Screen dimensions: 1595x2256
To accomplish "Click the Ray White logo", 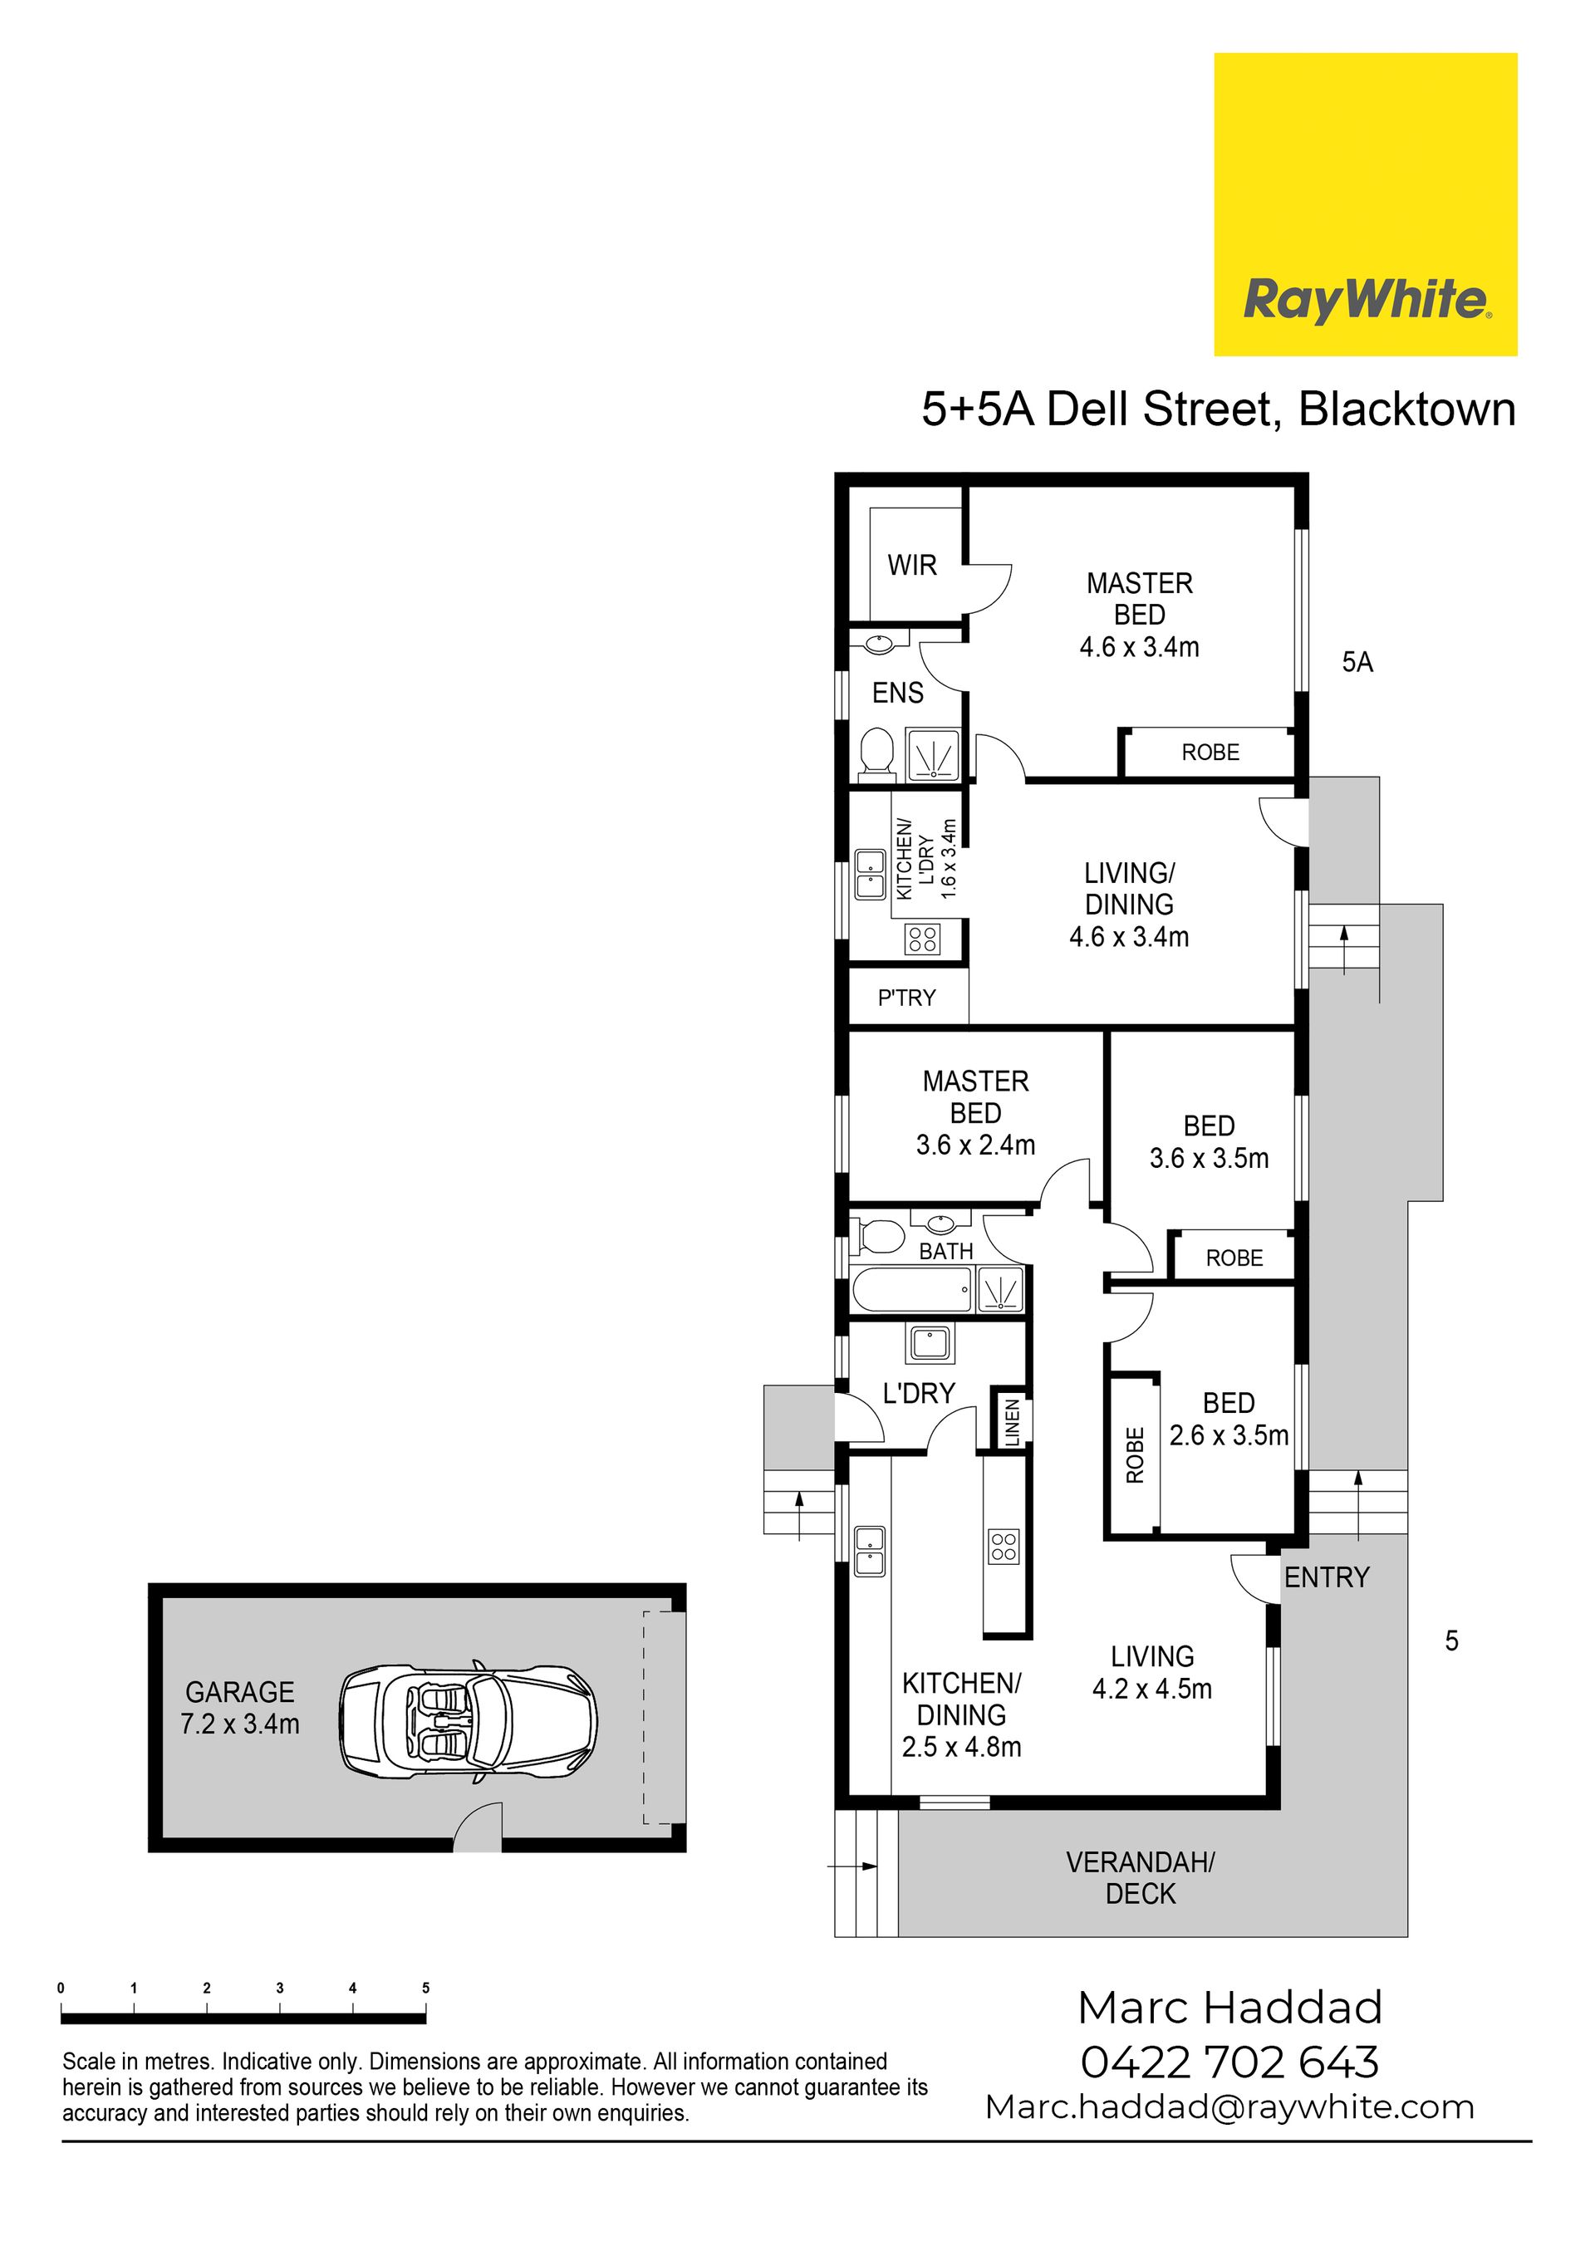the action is pos(1365,204).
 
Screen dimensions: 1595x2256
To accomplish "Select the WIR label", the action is pos(912,565).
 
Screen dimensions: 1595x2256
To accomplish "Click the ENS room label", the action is pos(898,693).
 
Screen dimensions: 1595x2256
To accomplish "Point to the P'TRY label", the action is pos(906,998).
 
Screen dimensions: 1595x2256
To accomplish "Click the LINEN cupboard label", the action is pos(1012,1422).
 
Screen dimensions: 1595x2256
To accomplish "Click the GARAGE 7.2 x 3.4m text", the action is pos(240,1708).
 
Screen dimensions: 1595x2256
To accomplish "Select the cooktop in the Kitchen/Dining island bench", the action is pos(1004,1546).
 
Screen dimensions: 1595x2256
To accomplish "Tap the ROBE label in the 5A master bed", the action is pos(1210,752).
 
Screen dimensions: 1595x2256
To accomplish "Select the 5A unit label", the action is pos(1357,662).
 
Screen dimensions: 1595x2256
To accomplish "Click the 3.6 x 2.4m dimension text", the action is pos(976,1145).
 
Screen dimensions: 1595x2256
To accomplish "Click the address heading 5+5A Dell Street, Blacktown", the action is pos(1219,409).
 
